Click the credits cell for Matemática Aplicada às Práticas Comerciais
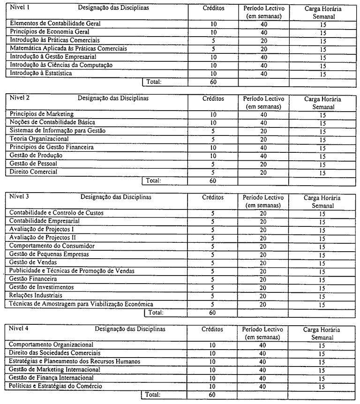[213, 49]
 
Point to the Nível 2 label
[19, 98]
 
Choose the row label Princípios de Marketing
[41, 114]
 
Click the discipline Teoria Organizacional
[39, 139]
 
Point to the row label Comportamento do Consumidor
[52, 246]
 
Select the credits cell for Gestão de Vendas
[213, 262]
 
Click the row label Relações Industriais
[36, 296]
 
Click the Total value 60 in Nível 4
[213, 395]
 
